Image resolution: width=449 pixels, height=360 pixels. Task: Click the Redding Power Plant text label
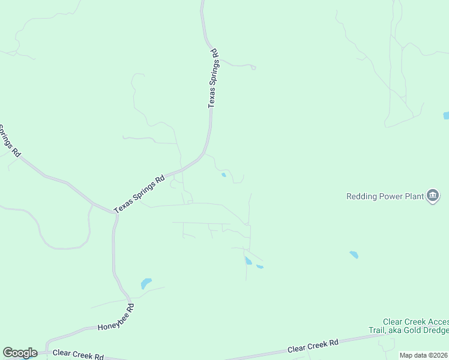(x=385, y=196)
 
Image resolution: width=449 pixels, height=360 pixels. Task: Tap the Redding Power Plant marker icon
(x=433, y=195)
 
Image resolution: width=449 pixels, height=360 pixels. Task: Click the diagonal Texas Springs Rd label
(x=139, y=193)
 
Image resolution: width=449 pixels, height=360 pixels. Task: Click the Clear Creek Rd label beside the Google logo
(x=79, y=355)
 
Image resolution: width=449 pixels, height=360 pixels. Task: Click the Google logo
(x=20, y=353)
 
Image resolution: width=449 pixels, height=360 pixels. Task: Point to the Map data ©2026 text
(x=423, y=355)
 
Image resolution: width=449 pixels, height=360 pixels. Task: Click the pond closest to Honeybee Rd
(x=146, y=283)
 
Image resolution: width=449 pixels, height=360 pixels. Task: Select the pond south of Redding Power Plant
(x=354, y=254)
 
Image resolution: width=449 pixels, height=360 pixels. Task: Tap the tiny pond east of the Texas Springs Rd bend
(x=224, y=175)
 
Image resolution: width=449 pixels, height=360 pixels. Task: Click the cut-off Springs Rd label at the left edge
(x=8, y=141)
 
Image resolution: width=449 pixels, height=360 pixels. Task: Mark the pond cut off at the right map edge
(x=446, y=115)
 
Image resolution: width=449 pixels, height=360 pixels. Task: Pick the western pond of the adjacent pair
(x=248, y=260)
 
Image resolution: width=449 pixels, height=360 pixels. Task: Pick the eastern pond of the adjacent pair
(x=260, y=266)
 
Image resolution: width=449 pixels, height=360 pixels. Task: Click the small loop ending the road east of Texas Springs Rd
(x=253, y=68)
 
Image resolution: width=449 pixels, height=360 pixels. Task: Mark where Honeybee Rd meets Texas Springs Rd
(x=115, y=213)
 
